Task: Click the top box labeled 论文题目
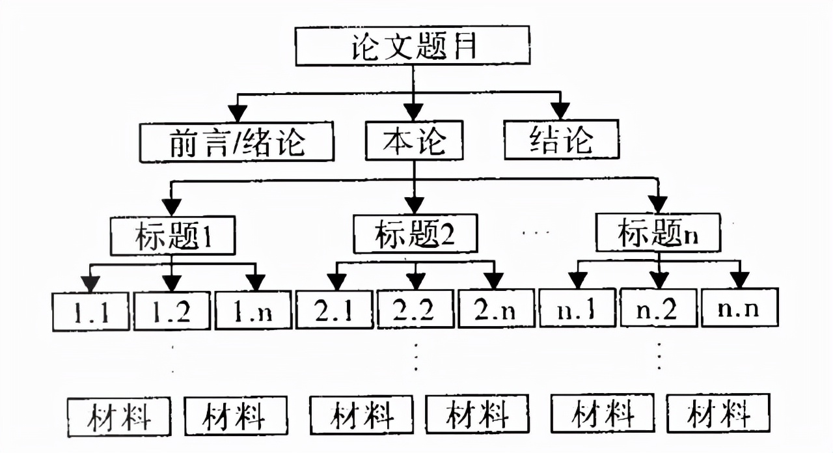(x=411, y=48)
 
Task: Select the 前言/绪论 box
(x=237, y=142)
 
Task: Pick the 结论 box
(x=562, y=139)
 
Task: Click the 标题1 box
(x=172, y=237)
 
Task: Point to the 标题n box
(x=659, y=233)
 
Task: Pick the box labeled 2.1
(x=335, y=310)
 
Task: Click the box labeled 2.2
(x=415, y=310)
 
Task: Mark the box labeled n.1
(x=578, y=308)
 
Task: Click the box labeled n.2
(x=659, y=307)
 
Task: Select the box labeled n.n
(x=740, y=307)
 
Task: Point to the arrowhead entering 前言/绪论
(x=236, y=113)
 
